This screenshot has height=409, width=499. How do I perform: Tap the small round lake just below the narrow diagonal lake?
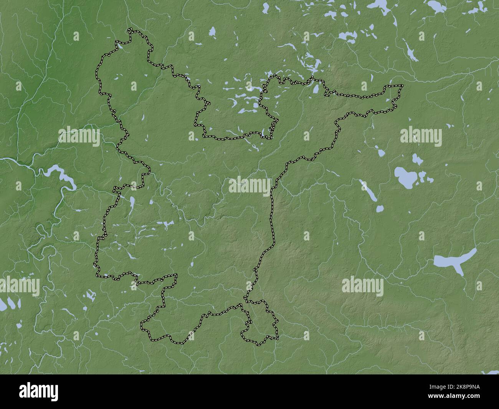(x=380, y=209)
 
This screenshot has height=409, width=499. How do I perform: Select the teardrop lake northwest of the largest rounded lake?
(x=381, y=153)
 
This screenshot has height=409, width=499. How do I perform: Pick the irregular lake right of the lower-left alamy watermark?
(x=91, y=296)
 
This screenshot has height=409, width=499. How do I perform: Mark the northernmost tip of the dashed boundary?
(x=131, y=29)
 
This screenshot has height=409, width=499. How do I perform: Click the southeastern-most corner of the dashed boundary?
(x=277, y=338)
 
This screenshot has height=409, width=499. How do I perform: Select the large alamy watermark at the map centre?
(x=249, y=185)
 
